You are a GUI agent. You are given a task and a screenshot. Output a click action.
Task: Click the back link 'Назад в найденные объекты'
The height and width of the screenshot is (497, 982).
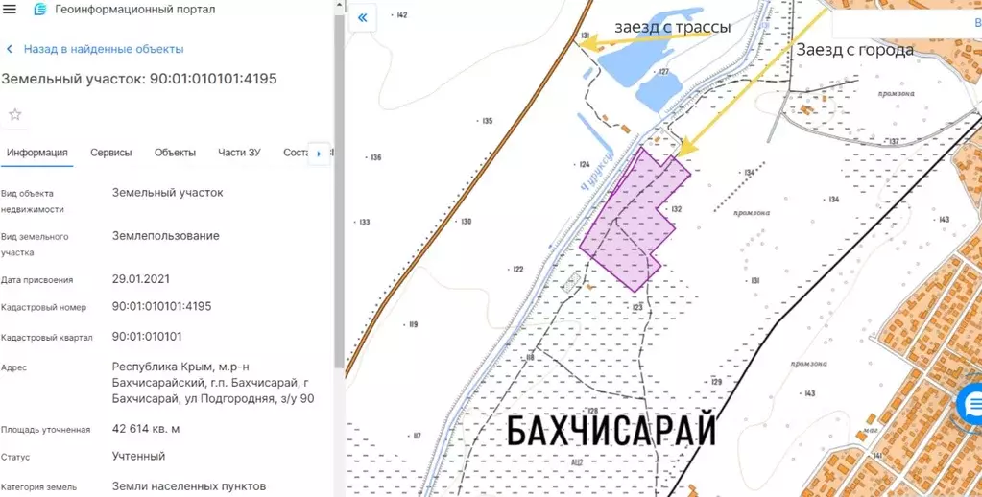coord(103,49)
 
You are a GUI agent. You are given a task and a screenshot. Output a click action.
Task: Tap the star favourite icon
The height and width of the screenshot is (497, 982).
coord(15,115)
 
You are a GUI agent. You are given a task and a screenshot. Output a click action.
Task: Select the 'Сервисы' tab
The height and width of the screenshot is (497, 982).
coord(111,153)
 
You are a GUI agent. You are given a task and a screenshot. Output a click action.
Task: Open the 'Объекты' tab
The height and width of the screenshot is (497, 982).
coord(175,153)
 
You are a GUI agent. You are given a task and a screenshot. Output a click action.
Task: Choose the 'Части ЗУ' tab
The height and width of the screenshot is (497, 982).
coord(239,153)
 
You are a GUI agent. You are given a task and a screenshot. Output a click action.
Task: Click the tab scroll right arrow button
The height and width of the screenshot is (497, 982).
coord(318,154)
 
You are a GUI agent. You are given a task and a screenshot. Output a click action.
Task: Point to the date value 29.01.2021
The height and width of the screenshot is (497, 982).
coord(140,279)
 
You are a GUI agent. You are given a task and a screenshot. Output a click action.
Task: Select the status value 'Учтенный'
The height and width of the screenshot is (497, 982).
coord(138,456)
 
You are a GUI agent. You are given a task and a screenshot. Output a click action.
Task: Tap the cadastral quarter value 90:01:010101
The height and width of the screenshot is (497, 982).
coord(147,337)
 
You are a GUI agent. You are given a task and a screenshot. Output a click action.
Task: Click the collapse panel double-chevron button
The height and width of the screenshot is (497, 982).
coord(363,18)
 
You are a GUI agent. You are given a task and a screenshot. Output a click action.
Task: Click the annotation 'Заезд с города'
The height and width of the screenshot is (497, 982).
coord(855,50)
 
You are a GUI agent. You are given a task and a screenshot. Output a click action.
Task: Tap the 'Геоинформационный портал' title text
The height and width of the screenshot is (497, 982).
coord(135,10)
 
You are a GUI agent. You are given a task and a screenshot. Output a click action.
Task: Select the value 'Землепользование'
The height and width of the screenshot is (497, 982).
coord(165,236)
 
